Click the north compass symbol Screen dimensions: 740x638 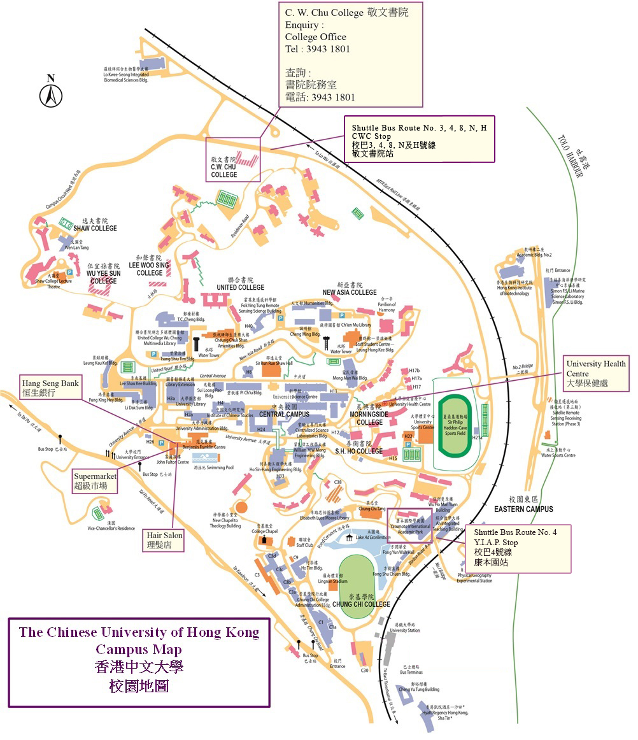51,94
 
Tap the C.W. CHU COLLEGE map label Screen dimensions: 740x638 224,170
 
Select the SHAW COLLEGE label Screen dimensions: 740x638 95,228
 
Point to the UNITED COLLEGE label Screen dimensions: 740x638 239,287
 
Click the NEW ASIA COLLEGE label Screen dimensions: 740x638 349,292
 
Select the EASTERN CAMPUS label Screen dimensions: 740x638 523,509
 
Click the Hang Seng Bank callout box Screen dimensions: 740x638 50,388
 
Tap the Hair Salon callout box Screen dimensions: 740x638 164,540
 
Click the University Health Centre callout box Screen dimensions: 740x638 597,373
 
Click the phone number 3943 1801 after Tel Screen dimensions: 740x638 327,49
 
